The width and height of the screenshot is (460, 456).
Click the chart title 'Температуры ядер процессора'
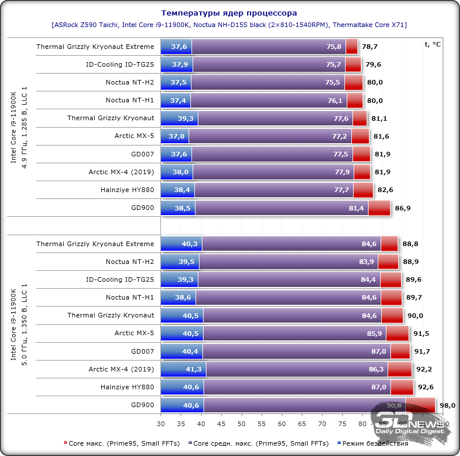(x=229, y=12)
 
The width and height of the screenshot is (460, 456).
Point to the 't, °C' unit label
(x=432, y=44)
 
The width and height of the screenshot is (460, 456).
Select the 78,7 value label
(x=370, y=47)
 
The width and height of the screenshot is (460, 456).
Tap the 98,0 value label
(x=447, y=405)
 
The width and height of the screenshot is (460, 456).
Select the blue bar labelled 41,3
(x=183, y=369)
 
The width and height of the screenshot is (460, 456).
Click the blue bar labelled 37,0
(x=175, y=136)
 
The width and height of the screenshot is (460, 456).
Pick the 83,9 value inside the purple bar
(x=367, y=262)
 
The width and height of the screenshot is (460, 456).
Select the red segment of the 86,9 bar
(x=379, y=208)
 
